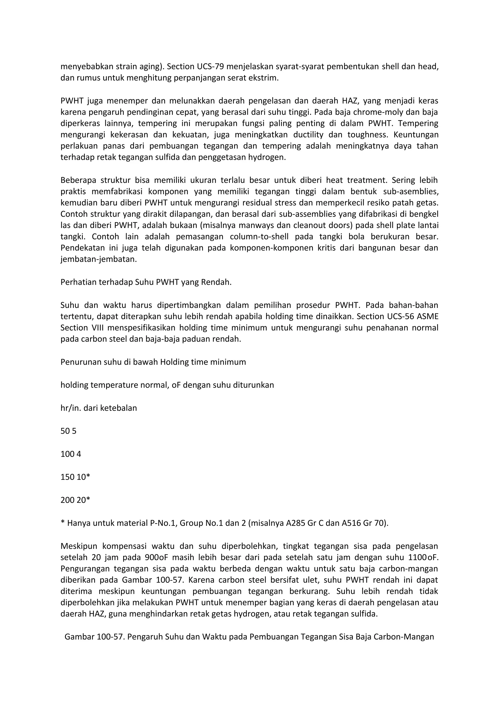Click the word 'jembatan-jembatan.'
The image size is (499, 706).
click(98, 259)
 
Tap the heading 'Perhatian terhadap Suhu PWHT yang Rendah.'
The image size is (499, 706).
click(146, 282)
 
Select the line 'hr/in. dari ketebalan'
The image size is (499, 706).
click(98, 408)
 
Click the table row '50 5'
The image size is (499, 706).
click(68, 431)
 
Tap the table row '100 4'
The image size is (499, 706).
click(71, 454)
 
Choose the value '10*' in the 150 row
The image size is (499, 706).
click(83, 477)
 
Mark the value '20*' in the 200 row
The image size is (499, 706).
click(83, 500)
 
